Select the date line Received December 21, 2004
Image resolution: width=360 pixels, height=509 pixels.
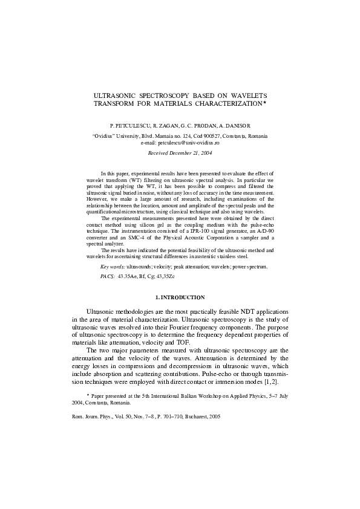(180, 154)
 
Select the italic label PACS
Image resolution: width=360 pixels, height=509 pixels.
(106, 275)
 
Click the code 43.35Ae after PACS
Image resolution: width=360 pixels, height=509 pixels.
(129, 275)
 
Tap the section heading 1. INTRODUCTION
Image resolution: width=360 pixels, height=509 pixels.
(180, 297)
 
